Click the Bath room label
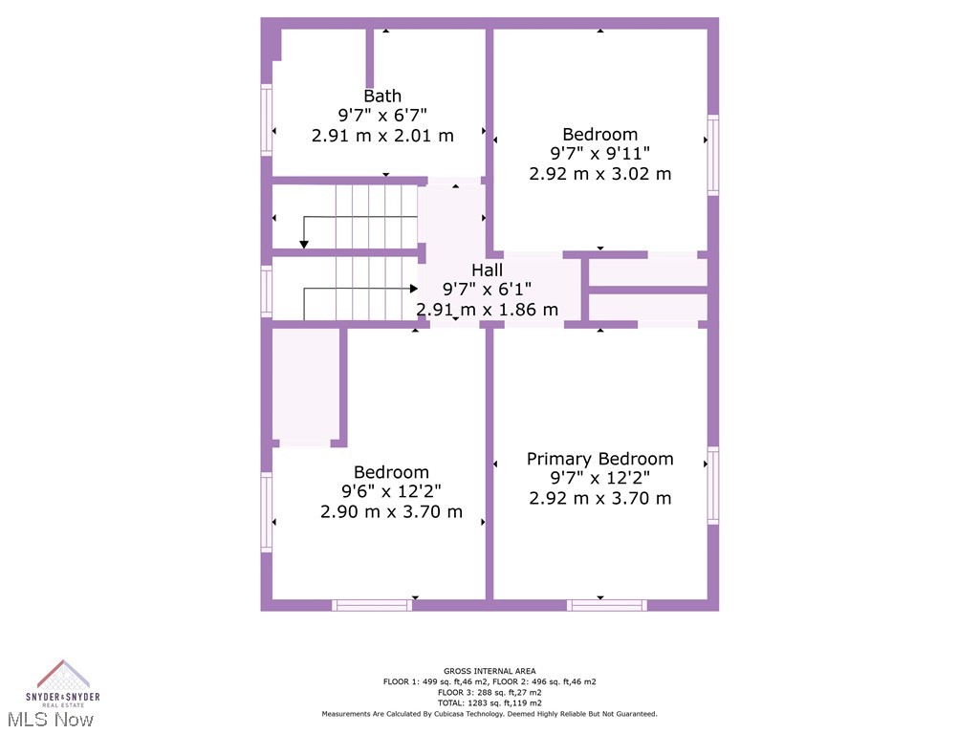[x=382, y=96]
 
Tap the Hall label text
[x=487, y=270]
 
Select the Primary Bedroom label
[x=599, y=459]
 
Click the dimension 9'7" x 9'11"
[x=599, y=154]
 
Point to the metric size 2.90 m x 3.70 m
[x=391, y=512]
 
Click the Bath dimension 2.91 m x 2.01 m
[x=382, y=136]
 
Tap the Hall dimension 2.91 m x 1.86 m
[x=487, y=310]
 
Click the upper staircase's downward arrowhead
[x=304, y=245]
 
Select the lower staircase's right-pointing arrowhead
[x=413, y=288]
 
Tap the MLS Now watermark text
[x=54, y=719]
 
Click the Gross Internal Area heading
[x=489, y=671]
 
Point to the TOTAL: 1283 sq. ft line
[x=489, y=702]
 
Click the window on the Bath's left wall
[x=267, y=119]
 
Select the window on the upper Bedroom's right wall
[x=712, y=155]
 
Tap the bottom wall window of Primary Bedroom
[x=607, y=605]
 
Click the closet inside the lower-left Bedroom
[x=306, y=385]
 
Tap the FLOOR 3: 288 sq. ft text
[x=489, y=692]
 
